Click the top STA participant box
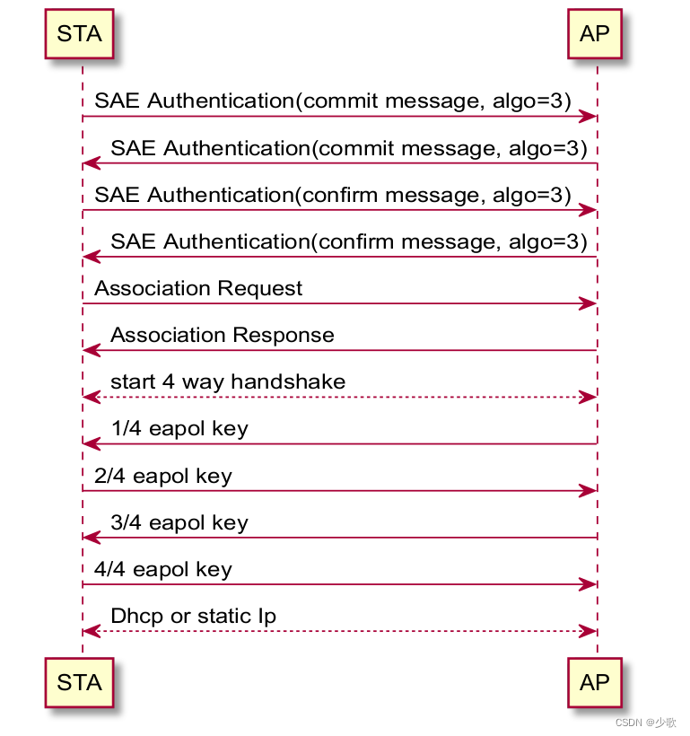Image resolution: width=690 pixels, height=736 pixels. coord(79,34)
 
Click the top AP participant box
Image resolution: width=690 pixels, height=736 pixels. coord(595,34)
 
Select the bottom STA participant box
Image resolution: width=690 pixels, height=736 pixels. coord(79,682)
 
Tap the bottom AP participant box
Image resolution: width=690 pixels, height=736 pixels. coord(595,682)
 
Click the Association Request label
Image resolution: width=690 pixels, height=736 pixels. coord(198,288)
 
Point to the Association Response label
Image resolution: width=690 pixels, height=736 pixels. coord(223,335)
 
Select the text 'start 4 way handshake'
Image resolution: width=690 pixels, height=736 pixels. coord(228,381)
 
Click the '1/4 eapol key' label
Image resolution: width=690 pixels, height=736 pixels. coord(179,428)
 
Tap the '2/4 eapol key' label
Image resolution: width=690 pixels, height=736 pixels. coord(163,476)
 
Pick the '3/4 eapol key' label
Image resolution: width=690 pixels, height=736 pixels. coord(179,522)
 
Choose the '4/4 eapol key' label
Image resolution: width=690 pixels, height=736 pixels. coord(163,569)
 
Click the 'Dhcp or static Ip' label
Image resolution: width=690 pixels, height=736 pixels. coord(193,616)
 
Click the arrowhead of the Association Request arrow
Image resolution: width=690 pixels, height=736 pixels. coord(589,304)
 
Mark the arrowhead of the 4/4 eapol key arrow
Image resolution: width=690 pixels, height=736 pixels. coord(589,585)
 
